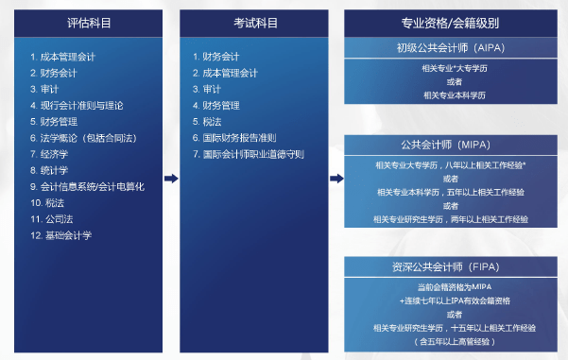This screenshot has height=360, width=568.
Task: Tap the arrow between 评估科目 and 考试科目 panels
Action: click(x=171, y=178)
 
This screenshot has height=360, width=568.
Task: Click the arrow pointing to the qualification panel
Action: click(x=336, y=178)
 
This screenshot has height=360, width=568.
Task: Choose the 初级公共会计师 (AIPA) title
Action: click(x=448, y=48)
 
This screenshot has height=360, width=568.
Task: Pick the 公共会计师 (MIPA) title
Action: click(x=448, y=146)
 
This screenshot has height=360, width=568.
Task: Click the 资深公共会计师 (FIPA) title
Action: click(x=448, y=267)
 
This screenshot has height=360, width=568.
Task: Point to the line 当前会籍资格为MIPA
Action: click(x=448, y=286)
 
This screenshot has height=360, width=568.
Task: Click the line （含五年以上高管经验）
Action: click(x=448, y=341)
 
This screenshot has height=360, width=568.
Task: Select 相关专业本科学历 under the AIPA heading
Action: click(x=448, y=94)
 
